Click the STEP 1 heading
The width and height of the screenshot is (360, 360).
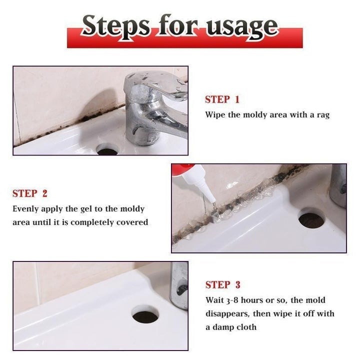222,99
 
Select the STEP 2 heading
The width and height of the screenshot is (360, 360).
29,193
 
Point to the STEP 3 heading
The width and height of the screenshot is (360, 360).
222,285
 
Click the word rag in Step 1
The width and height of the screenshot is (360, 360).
322,115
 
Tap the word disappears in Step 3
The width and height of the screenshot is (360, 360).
228,314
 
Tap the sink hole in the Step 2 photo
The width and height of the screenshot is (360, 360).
311,219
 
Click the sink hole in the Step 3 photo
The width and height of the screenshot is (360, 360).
145,314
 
